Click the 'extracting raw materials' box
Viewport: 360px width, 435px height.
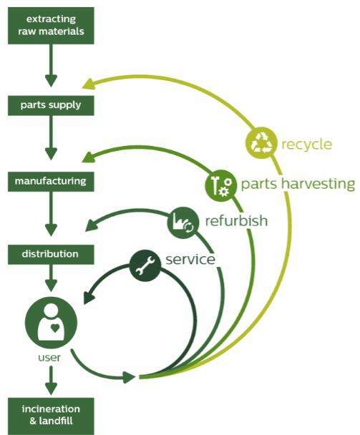51,26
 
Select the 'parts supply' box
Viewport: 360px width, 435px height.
51,105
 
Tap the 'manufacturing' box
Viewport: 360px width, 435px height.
51,182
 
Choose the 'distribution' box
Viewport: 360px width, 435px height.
51,255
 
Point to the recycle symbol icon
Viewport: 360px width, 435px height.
261,143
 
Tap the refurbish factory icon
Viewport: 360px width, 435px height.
183,223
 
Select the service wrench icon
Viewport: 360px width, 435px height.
145,265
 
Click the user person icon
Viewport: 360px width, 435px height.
51,323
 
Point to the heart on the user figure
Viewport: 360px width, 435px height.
55,328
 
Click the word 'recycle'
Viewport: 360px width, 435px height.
307,145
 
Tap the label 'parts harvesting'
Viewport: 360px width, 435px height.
298,184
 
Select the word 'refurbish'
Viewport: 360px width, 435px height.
236,221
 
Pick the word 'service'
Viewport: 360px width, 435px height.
190,260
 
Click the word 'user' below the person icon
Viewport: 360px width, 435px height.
49,357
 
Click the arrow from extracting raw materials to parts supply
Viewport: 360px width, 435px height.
51,66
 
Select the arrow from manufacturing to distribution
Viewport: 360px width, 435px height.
51,214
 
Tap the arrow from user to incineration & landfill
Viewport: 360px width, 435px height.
51,381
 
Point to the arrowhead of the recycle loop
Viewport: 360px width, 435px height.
88,84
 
